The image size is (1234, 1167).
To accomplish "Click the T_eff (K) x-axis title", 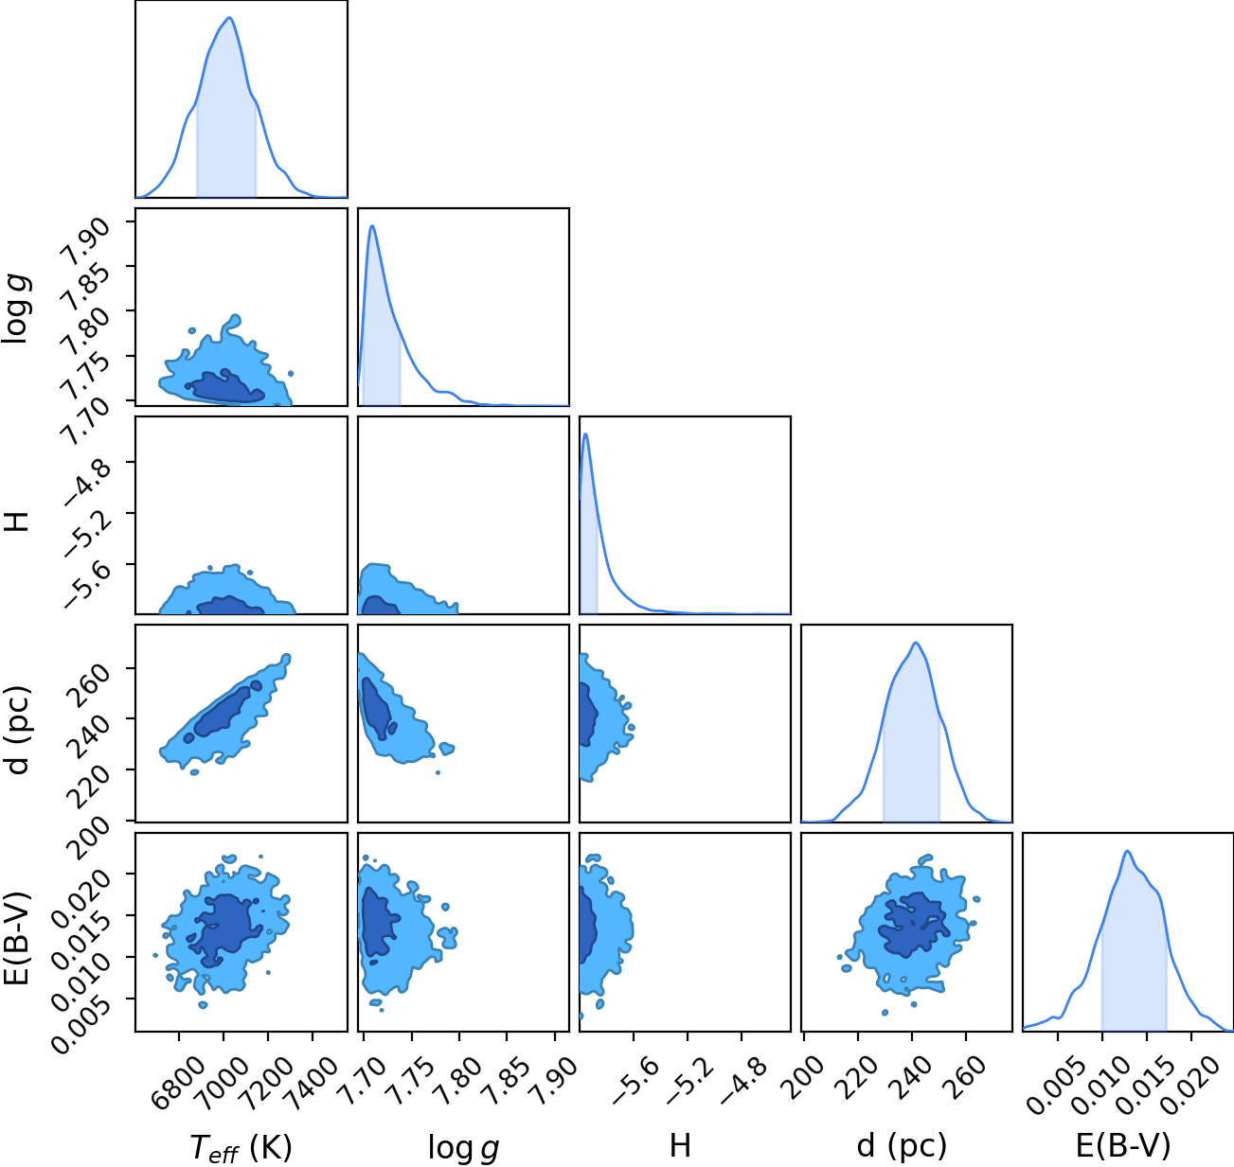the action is pyautogui.click(x=241, y=1147).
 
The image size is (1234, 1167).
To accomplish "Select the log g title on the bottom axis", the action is pyautogui.click(x=463, y=1149).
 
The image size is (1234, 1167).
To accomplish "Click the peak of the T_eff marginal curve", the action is pyautogui.click(x=230, y=18).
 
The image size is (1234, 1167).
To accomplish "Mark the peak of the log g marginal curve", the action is pyautogui.click(x=372, y=226).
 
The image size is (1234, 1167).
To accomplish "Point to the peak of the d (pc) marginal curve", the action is pyautogui.click(x=916, y=643).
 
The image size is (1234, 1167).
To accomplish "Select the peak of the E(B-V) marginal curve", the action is pyautogui.click(x=1127, y=852).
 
